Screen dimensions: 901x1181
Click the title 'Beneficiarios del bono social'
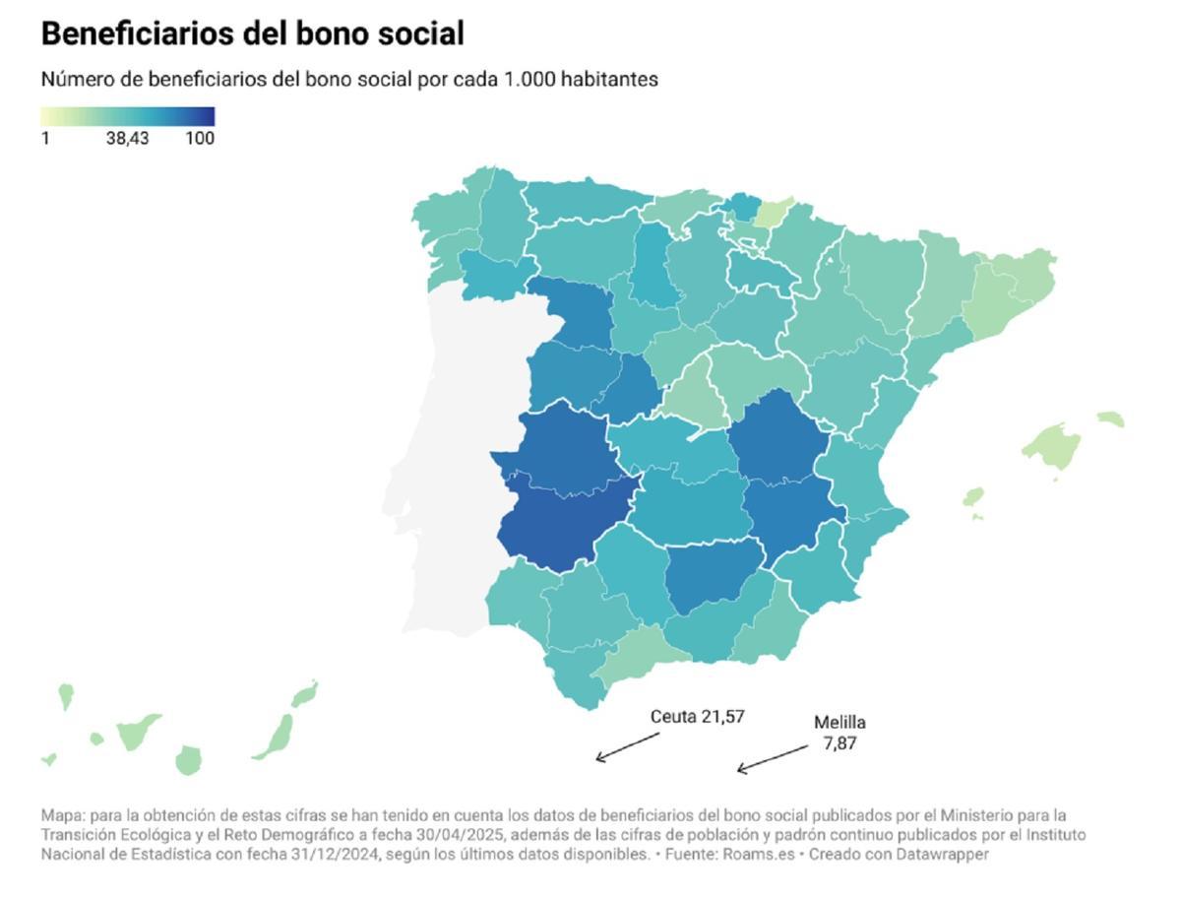coord(252,33)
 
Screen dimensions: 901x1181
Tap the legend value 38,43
coord(127,139)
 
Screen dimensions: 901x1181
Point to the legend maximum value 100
coord(200,139)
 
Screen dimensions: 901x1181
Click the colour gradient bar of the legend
coord(127,116)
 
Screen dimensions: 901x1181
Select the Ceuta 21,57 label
coord(697,717)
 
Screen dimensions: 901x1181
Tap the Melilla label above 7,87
coord(839,723)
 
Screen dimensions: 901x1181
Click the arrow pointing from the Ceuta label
coord(627,746)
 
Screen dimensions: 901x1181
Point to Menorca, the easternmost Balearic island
coord(1111,419)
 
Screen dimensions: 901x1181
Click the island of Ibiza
coord(972,496)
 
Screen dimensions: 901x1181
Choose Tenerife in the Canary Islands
coord(138,732)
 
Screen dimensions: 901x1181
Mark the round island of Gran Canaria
coord(188,760)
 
